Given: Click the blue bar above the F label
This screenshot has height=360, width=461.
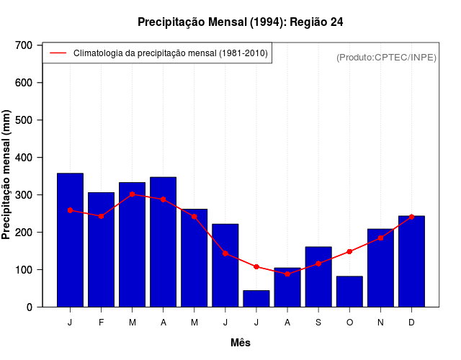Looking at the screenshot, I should tap(101, 249).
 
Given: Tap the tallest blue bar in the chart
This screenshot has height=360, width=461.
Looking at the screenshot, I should tap(70, 240).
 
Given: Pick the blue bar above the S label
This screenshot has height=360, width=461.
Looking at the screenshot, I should tap(318, 276).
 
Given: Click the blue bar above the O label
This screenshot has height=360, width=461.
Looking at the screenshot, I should tap(349, 292).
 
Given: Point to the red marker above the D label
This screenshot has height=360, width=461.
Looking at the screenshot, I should tap(411, 217).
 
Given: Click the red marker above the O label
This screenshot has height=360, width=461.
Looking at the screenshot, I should tap(349, 251).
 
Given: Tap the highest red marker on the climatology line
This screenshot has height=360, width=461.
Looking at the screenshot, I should tap(132, 194).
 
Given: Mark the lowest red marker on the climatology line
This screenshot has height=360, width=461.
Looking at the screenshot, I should tap(287, 274).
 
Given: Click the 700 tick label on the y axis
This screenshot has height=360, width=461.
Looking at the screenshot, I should tap(24, 45).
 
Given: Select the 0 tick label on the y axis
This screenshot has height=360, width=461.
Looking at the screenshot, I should tap(30, 307).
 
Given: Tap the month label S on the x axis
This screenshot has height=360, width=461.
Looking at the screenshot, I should tap(318, 323).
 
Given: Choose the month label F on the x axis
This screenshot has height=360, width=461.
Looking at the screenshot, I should tap(101, 323).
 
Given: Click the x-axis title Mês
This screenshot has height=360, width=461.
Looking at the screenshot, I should tap(241, 343).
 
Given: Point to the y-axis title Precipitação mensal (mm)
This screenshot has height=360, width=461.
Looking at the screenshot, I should tap(7, 175).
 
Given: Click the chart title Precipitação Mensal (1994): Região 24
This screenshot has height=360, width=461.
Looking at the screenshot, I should tap(240, 22).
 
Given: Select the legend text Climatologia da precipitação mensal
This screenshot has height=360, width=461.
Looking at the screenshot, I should tap(170, 53).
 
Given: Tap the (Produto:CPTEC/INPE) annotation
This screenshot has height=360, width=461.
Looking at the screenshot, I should tap(386, 57).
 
